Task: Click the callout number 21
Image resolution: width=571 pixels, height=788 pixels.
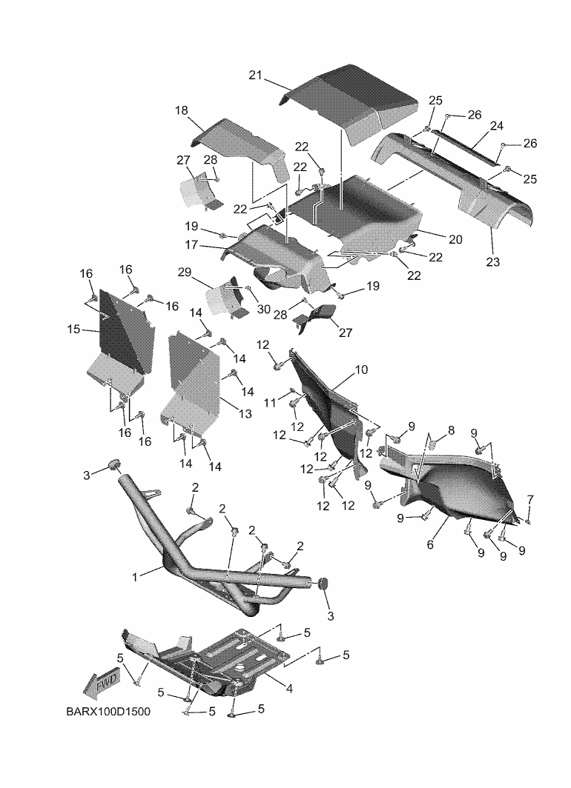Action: coord(256,76)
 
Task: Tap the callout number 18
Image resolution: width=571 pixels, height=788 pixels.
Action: coord(182,110)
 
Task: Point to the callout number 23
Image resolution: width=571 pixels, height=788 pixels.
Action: coord(493,261)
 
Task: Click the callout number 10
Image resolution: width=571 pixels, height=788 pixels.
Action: coord(361,368)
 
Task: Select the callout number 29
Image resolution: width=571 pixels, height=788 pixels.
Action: coord(185,273)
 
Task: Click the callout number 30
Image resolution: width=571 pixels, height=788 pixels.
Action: coord(264,310)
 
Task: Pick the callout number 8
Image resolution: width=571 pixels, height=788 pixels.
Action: coord(450,430)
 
